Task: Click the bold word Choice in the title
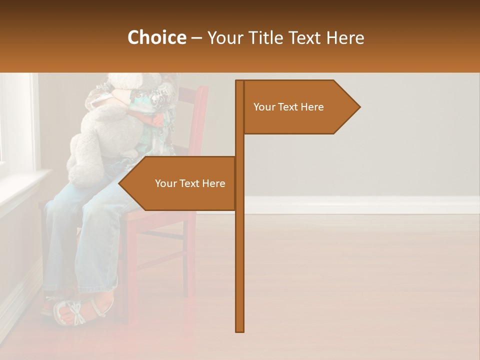point(156,37)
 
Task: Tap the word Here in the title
point(345,37)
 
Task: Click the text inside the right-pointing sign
point(288,107)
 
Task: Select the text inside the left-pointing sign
point(190,183)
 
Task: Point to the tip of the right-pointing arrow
point(359,106)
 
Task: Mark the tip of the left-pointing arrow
point(119,183)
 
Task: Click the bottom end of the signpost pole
point(240,330)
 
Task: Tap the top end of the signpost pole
point(240,82)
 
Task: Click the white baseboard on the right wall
point(360,204)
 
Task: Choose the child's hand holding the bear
point(158,120)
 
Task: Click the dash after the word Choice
point(196,38)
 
